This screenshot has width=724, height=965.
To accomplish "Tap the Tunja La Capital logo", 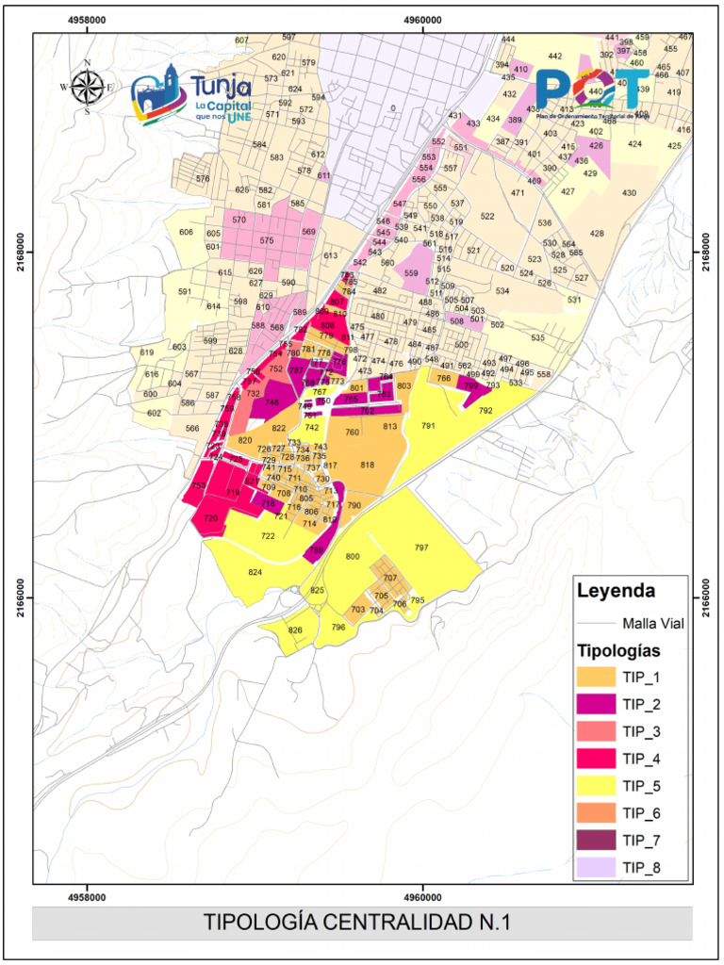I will coord(192,98).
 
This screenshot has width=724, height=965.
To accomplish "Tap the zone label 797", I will coord(421,548).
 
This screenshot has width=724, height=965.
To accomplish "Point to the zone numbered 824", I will coord(255,572).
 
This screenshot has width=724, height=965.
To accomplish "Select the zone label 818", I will coord(368,465).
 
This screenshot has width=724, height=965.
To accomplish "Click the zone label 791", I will coord(428,426).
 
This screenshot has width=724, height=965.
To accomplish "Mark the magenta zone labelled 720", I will coord(211,518).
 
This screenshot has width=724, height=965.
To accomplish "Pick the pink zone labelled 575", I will coord(267,241).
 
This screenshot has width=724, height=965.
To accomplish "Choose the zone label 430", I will coord(629,193).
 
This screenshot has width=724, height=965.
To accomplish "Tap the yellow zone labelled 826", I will coord(295,630).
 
